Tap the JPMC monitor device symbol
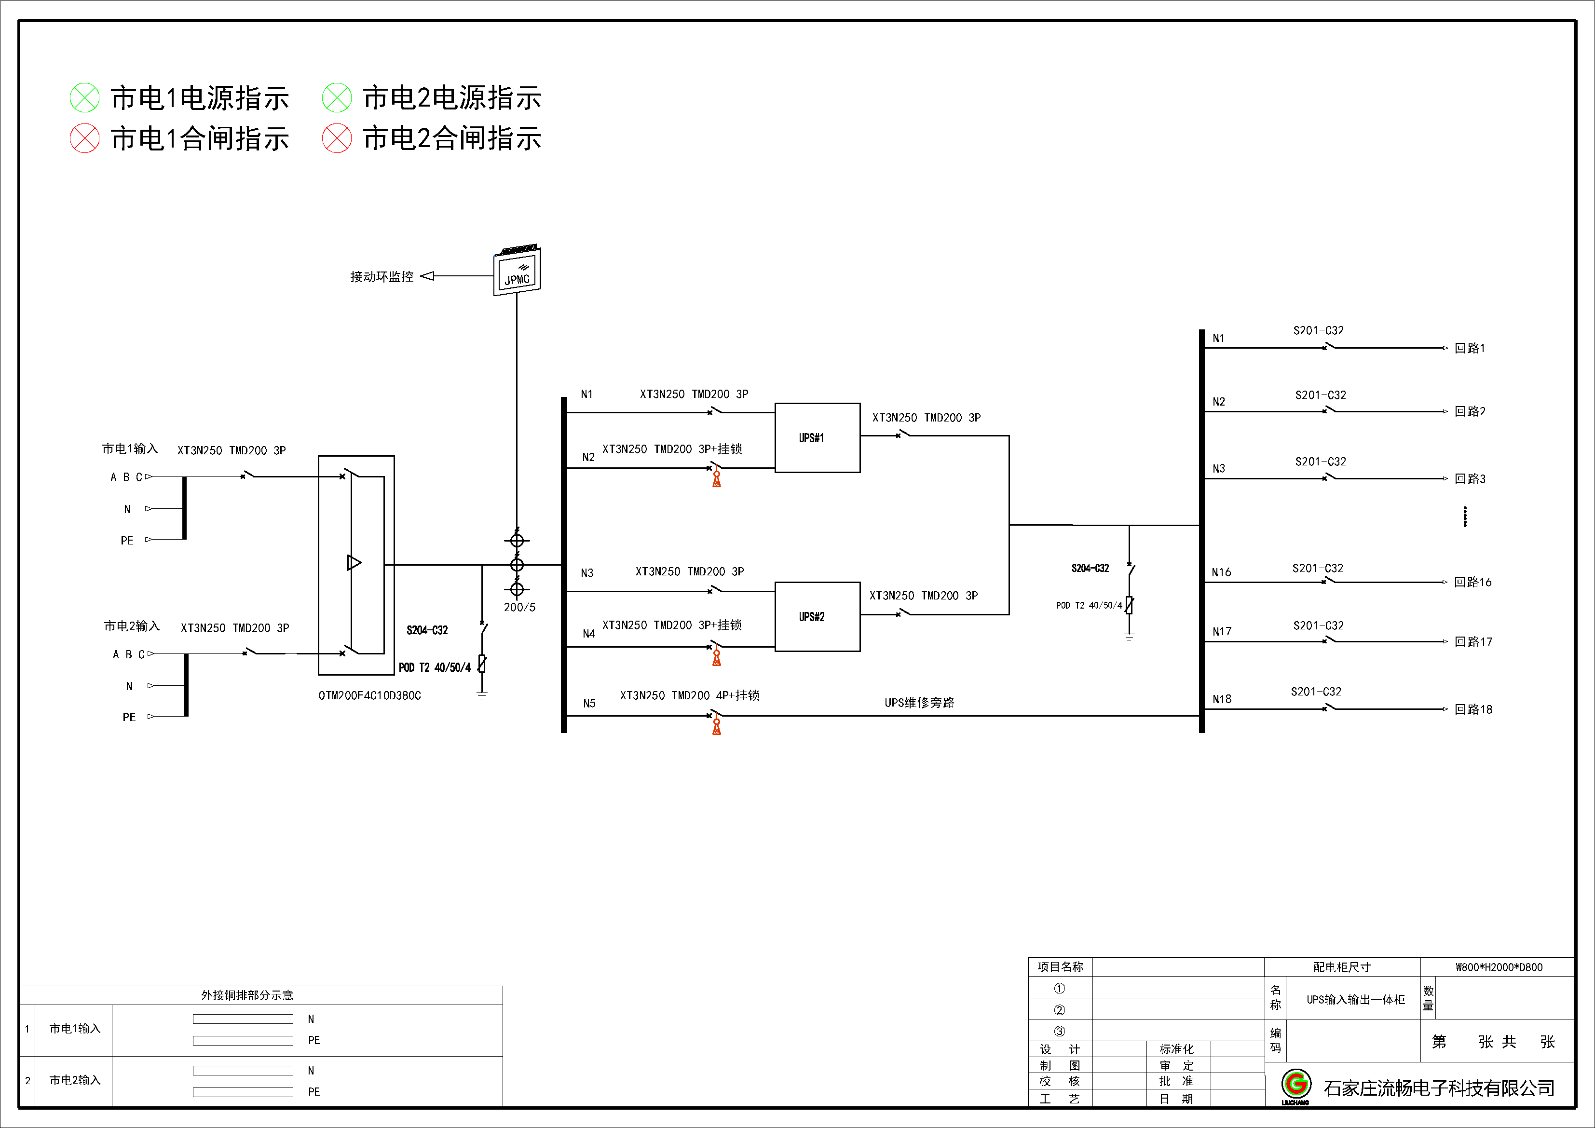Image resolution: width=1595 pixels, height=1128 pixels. click(517, 271)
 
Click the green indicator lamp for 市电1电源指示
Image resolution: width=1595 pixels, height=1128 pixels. click(85, 98)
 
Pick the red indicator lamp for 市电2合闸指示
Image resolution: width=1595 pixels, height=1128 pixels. click(337, 138)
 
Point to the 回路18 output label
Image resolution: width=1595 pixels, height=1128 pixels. click(1473, 709)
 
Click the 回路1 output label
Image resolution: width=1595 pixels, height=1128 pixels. click(1470, 348)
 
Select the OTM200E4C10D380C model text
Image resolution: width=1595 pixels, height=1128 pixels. click(369, 695)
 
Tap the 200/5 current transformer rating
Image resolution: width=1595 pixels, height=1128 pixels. click(519, 607)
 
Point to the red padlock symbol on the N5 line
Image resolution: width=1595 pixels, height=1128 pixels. click(716, 726)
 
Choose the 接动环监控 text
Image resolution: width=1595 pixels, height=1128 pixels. click(382, 276)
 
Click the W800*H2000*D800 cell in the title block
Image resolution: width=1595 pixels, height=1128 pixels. click(1499, 967)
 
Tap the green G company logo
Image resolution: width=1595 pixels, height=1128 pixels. click(1296, 1084)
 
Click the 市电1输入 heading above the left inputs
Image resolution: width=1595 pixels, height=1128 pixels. click(130, 448)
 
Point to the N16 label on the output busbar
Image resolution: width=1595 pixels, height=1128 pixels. click(1221, 572)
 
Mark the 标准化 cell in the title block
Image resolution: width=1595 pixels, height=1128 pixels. click(1176, 1049)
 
